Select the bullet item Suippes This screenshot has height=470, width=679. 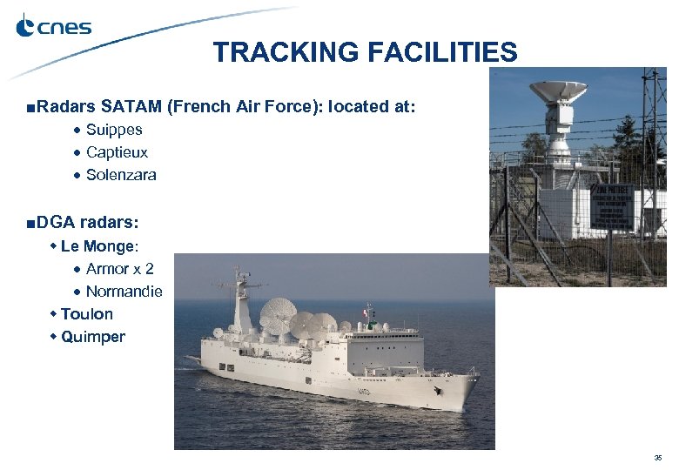tap(114, 130)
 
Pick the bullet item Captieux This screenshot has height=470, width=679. tap(117, 152)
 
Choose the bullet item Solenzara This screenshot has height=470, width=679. tap(121, 175)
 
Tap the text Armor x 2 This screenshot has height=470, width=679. tap(119, 269)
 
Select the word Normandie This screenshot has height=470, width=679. tap(124, 292)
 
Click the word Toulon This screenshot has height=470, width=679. tap(87, 314)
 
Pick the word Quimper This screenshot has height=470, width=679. tap(93, 337)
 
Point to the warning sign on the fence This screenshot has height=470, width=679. tap(613, 206)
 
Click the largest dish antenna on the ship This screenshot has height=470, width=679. tap(278, 313)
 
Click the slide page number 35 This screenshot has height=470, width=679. tap(657, 457)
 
